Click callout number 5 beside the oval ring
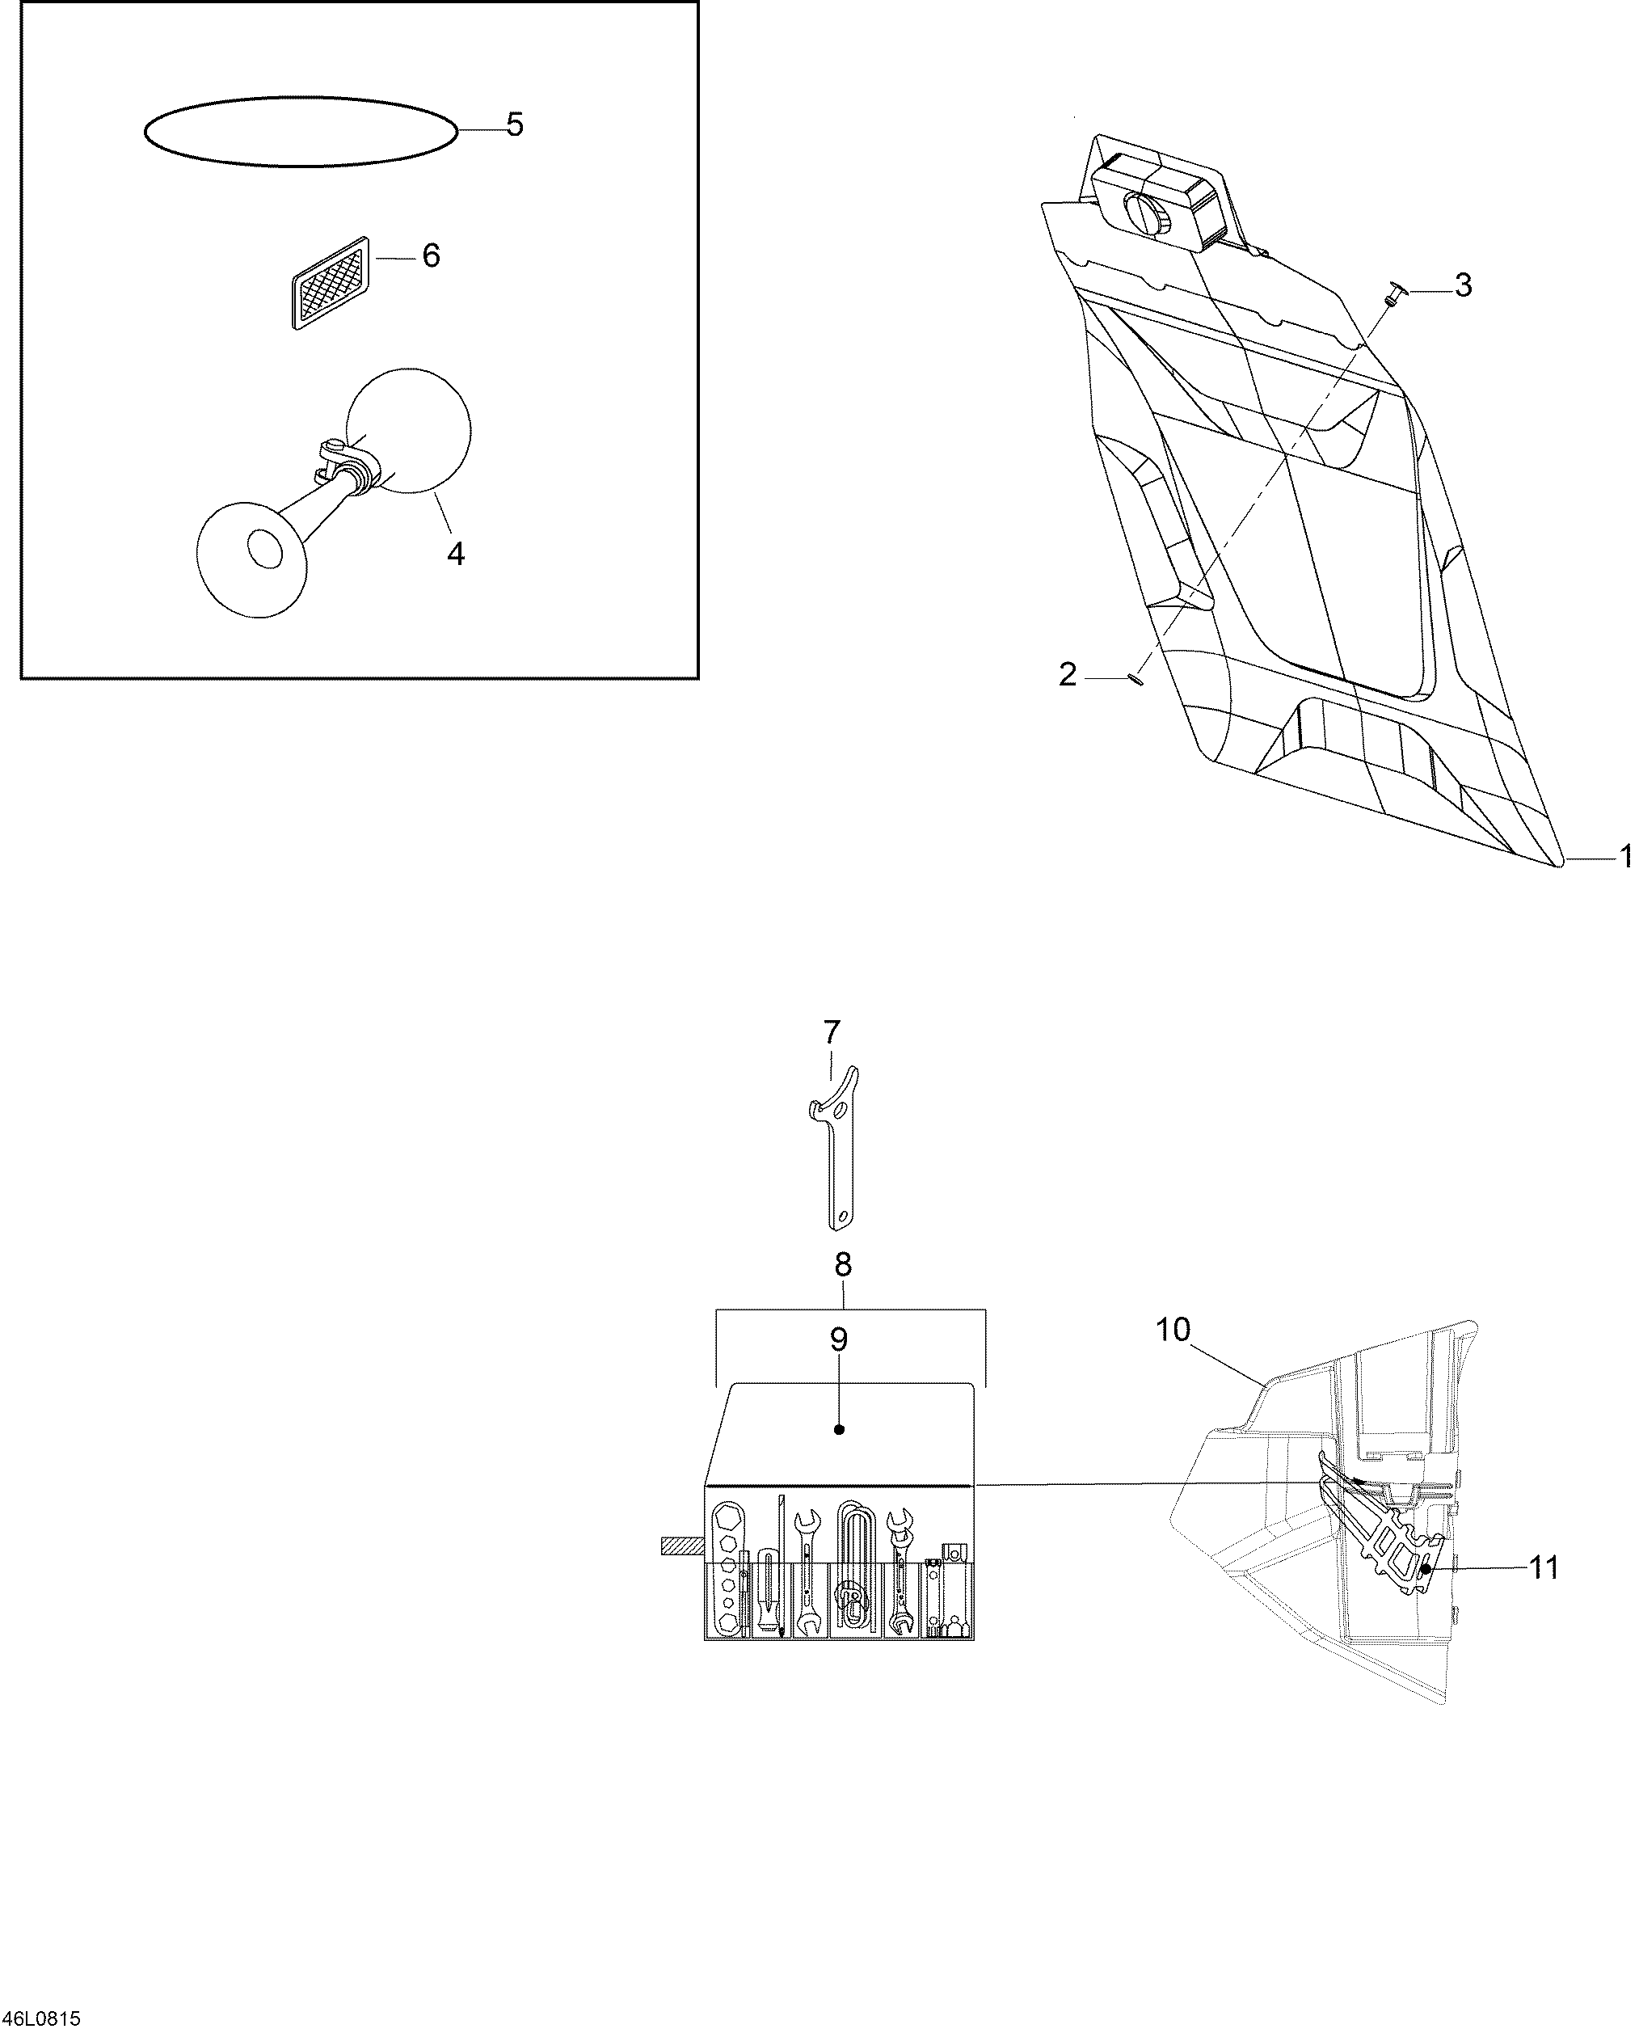[515, 124]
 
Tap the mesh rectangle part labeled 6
[330, 282]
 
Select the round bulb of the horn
[409, 430]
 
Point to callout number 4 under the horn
[456, 554]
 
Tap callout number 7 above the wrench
[831, 1032]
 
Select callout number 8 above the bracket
[843, 1263]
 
